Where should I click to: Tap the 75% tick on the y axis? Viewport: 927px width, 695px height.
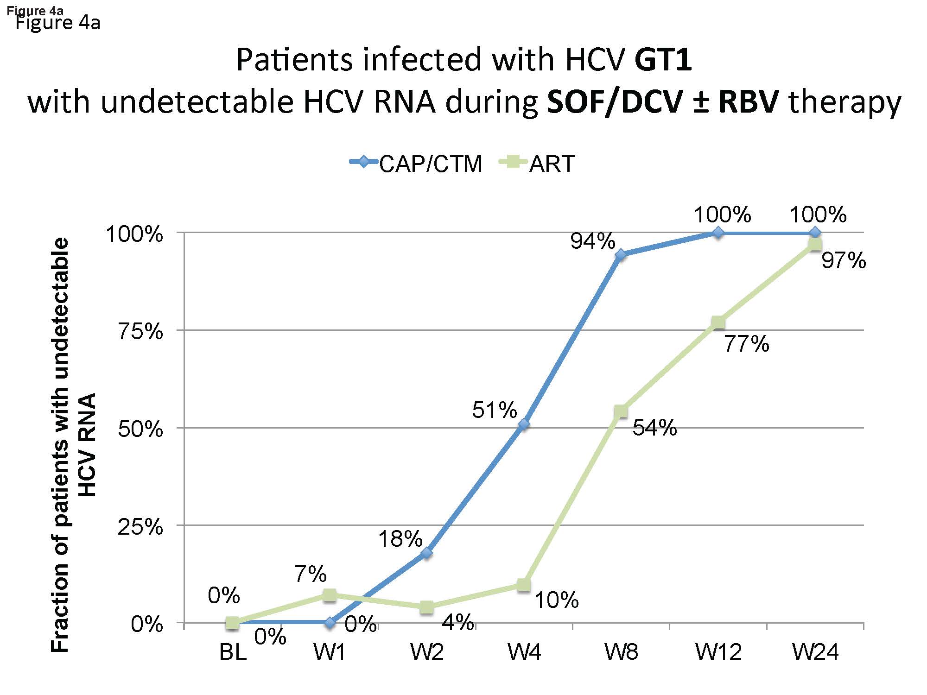tap(140, 332)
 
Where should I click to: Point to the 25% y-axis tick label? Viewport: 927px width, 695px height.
tap(140, 527)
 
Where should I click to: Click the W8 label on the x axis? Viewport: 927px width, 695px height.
tap(621, 652)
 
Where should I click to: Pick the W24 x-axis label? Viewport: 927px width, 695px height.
tap(815, 652)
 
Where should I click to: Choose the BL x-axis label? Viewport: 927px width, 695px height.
tap(233, 652)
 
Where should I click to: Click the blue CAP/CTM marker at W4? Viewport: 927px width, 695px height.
tap(524, 424)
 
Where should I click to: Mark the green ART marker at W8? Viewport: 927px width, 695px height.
tap(621, 411)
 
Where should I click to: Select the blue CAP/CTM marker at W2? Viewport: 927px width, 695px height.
tap(427, 553)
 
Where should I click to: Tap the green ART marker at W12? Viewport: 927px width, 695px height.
tap(718, 322)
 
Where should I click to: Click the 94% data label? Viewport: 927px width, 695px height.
tap(592, 241)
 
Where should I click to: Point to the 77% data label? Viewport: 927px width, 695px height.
tap(746, 344)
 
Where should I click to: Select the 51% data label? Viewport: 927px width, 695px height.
tap(494, 411)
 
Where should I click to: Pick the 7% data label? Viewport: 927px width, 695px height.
tap(310, 575)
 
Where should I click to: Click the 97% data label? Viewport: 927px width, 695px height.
tap(844, 261)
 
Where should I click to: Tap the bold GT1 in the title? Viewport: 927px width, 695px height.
tap(663, 60)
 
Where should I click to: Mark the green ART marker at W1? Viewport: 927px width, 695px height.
tap(330, 595)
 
